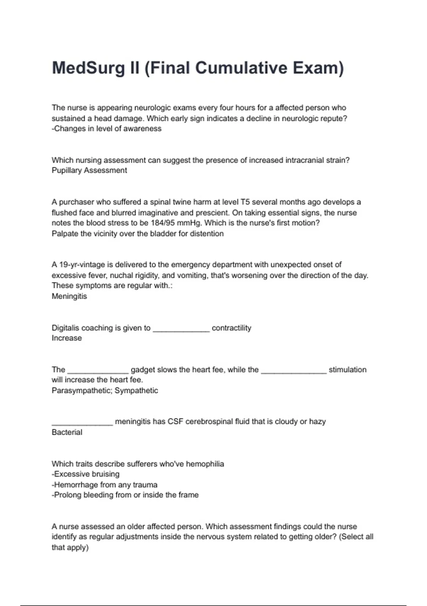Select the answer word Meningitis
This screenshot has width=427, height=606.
[x=69, y=296]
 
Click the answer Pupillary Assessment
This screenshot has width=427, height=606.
[x=89, y=170]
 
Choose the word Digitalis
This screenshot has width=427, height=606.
[x=65, y=328]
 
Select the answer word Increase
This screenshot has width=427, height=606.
[x=67, y=338]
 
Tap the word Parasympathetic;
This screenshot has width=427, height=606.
[x=82, y=391]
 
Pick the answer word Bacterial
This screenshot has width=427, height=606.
[x=67, y=432]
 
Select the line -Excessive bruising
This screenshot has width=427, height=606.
[x=86, y=474]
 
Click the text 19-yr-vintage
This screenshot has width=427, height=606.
[x=82, y=265]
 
